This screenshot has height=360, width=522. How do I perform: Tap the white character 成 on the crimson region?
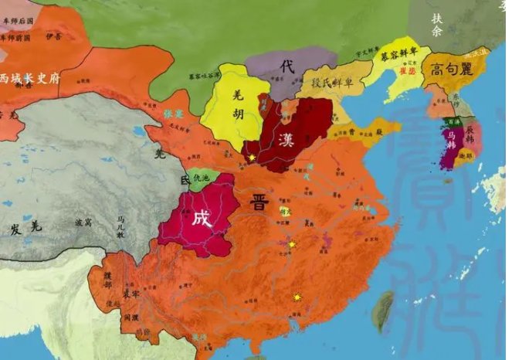[201, 218]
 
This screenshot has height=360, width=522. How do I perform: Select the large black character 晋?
[259, 203]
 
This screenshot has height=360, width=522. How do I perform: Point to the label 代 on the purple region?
[288, 67]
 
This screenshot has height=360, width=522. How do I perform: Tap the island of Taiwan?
[382, 312]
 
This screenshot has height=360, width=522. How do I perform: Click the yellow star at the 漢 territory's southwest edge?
[252, 157]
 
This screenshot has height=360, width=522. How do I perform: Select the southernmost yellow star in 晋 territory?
[297, 297]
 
